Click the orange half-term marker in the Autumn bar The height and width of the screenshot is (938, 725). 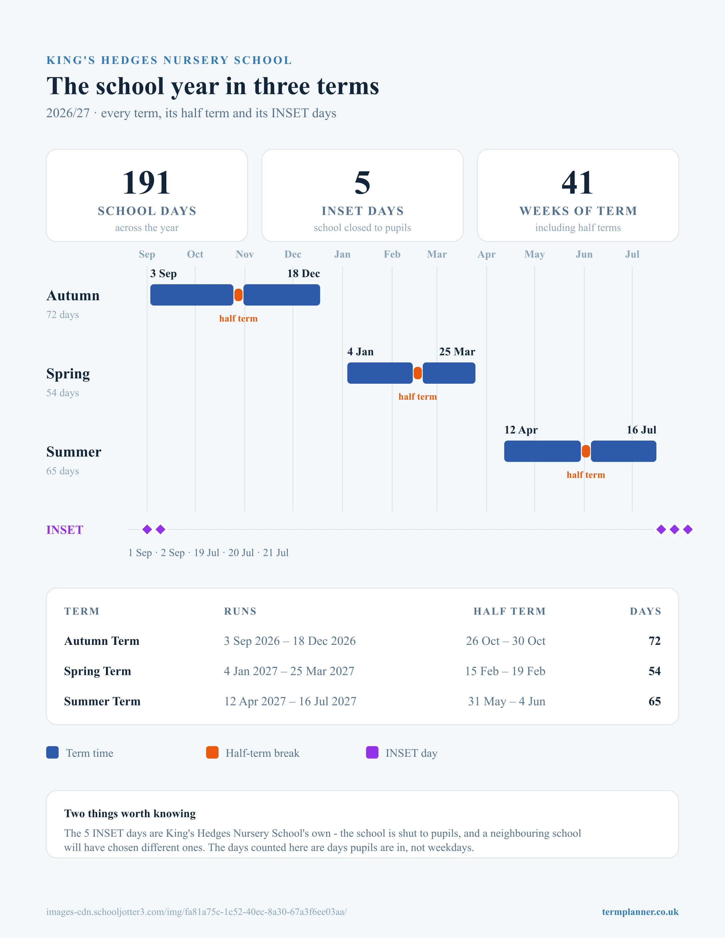pyautogui.click(x=238, y=295)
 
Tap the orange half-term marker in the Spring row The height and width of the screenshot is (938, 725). pyautogui.click(x=417, y=373)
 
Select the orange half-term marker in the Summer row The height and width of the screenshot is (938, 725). pyautogui.click(x=586, y=451)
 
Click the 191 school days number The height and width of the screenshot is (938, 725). pyautogui.click(x=147, y=183)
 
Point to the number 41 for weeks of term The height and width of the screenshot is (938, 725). pyautogui.click(x=578, y=183)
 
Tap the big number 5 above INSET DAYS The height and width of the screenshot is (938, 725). pyautogui.click(x=362, y=183)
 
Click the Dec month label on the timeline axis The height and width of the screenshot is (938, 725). pyautogui.click(x=293, y=254)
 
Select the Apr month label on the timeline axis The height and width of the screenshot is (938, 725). pyautogui.click(x=487, y=254)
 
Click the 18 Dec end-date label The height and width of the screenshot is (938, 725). pyautogui.click(x=304, y=273)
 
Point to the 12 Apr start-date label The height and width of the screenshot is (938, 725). pyautogui.click(x=521, y=430)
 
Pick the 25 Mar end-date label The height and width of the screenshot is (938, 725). pyautogui.click(x=457, y=352)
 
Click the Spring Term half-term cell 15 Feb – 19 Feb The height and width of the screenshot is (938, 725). pyautogui.click(x=505, y=671)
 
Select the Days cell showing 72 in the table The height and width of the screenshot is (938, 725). pyautogui.click(x=655, y=641)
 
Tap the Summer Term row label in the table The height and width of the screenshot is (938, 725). pyautogui.click(x=102, y=702)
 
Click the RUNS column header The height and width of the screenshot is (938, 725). pyautogui.click(x=240, y=611)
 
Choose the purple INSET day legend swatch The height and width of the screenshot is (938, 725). pyautogui.click(x=372, y=752)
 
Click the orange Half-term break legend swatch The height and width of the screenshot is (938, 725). pyautogui.click(x=212, y=752)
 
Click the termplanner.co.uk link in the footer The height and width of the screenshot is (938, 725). pyautogui.click(x=640, y=912)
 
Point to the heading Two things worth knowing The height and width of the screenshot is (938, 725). pyautogui.click(x=130, y=813)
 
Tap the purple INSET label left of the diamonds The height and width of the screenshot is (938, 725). pyautogui.click(x=65, y=530)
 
